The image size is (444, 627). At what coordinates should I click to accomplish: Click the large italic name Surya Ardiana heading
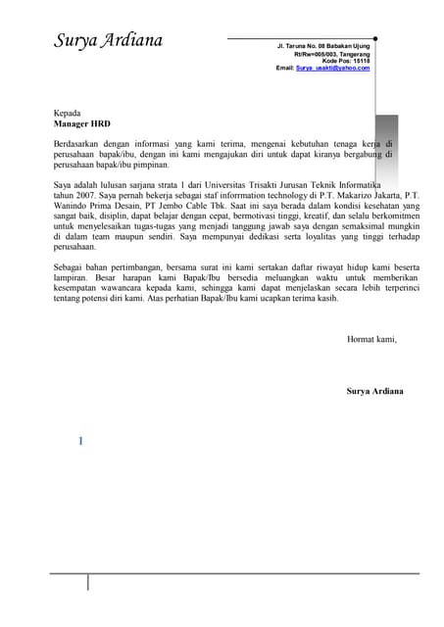[109, 41]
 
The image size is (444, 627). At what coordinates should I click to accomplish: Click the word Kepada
[68, 114]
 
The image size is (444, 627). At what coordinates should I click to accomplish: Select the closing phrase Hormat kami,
[372, 339]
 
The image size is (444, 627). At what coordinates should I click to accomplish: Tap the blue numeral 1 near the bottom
[80, 441]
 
